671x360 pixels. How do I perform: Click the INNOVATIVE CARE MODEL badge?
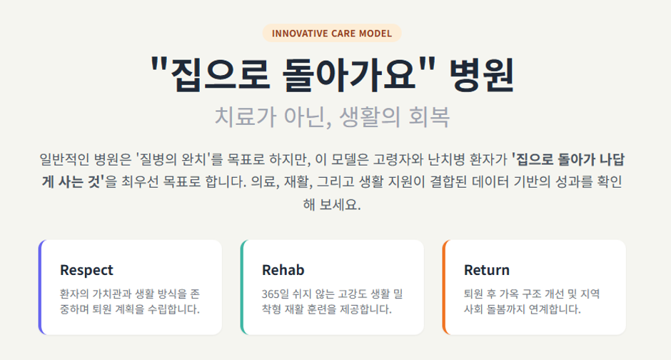[332, 34]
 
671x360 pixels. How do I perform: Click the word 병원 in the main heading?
[481, 75]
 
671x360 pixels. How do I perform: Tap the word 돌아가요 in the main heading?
[349, 75]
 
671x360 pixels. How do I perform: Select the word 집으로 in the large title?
[220, 75]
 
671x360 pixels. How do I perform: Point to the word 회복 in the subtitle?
[429, 117]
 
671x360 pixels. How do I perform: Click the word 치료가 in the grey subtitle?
[246, 117]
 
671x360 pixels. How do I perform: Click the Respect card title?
[86, 270]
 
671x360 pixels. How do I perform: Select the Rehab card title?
[283, 270]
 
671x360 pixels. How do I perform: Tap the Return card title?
[487, 270]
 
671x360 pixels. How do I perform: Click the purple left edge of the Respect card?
[40, 287]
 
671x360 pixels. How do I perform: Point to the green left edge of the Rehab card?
[242, 287]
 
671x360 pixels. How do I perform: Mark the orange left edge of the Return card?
[444, 287]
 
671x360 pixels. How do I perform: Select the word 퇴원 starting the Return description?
[473, 294]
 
